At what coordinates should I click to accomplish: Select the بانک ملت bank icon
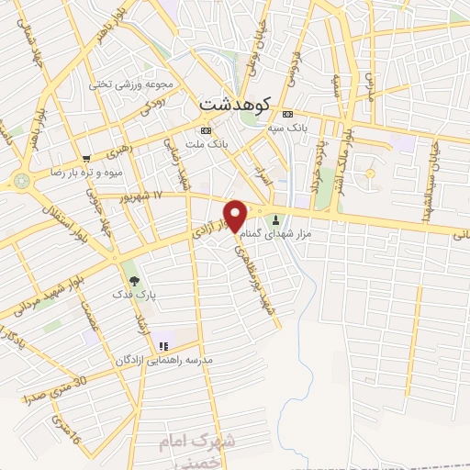(205, 130)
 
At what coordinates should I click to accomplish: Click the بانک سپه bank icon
(287, 114)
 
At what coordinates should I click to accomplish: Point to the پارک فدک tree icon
(136, 280)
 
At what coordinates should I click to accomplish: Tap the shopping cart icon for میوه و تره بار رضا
(86, 158)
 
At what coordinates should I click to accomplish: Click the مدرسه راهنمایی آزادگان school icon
(163, 346)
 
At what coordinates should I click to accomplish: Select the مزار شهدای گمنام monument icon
(277, 220)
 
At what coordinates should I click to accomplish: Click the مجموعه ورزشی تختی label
(125, 84)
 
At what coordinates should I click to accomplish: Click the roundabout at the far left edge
(20, 181)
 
